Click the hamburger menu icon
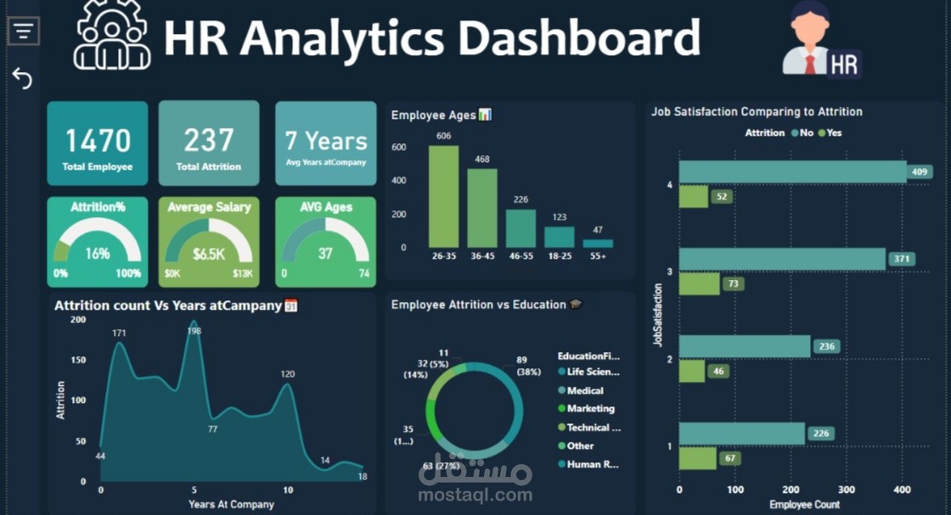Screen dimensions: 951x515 (24, 31)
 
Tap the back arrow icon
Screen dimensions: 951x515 (22, 78)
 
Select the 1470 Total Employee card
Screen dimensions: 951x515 (98, 143)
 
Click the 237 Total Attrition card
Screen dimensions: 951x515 (209, 143)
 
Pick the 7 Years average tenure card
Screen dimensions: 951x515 (326, 143)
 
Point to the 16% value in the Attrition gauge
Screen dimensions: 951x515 (98, 254)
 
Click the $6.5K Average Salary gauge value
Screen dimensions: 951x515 (209, 254)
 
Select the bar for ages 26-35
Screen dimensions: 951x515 (443, 196)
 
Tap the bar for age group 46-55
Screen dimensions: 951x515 (521, 228)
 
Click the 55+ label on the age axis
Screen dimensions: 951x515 (598, 256)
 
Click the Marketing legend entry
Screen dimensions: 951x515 (586, 408)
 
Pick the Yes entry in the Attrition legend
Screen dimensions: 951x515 (830, 132)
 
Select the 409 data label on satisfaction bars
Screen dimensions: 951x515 (920, 172)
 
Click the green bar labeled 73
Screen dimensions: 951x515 (700, 283)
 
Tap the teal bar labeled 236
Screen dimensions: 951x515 (745, 346)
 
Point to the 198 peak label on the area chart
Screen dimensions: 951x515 (194, 331)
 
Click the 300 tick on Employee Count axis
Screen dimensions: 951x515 (846, 490)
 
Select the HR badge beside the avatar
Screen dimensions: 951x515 (844, 64)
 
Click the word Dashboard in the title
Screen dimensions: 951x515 (578, 37)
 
